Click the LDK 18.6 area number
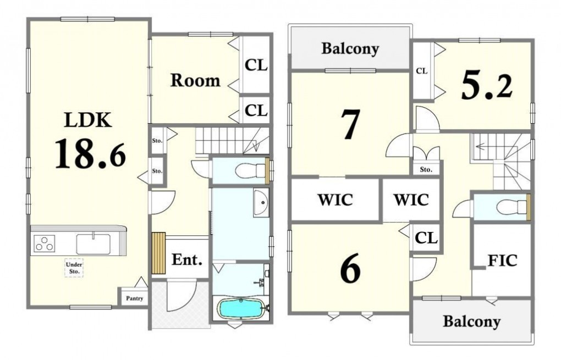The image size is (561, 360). click(90, 154)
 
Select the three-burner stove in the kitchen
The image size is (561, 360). click(45, 243)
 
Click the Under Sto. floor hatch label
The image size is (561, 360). click(74, 268)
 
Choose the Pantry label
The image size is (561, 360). click(135, 298)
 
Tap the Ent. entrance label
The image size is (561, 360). click(187, 260)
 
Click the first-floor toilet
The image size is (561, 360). click(250, 171)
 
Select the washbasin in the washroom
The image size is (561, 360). click(261, 202)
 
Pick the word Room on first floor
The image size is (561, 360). click(195, 80)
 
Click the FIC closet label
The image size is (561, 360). click(503, 261)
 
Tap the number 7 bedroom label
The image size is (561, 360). click(350, 124)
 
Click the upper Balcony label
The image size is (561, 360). click(350, 49)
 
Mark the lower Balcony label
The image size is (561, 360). click(471, 321)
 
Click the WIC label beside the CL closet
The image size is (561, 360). click(411, 200)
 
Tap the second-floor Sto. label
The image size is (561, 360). click(426, 169)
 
